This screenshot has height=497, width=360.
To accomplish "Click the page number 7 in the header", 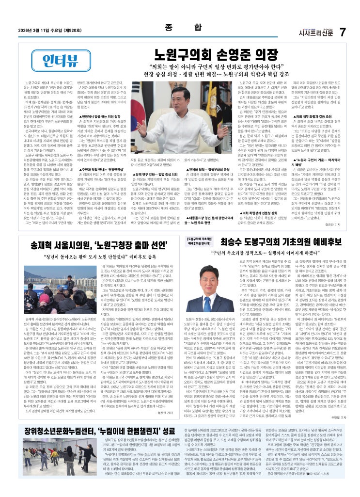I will (342, 32).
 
